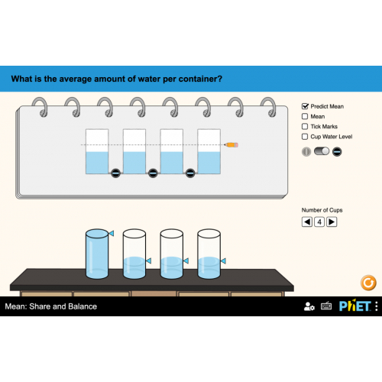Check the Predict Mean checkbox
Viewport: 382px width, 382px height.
click(x=305, y=106)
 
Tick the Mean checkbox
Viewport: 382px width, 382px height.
click(x=305, y=116)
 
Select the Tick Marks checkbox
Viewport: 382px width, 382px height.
click(x=305, y=126)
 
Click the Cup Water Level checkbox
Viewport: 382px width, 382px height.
click(x=305, y=137)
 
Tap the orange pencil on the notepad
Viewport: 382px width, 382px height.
click(x=231, y=145)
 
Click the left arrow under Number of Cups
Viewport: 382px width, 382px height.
click(x=307, y=222)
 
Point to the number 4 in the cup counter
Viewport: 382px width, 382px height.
click(x=319, y=222)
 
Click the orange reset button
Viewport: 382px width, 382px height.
click(x=368, y=283)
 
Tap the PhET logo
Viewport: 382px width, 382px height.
click(x=355, y=306)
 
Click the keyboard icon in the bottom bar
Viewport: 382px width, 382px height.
click(x=326, y=306)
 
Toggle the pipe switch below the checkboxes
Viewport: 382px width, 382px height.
click(x=322, y=151)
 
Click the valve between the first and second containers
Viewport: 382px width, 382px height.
click(x=115, y=173)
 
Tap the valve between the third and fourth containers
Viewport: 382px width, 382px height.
click(x=190, y=173)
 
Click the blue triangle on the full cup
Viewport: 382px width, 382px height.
click(x=112, y=233)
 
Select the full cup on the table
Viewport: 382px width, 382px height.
click(x=97, y=254)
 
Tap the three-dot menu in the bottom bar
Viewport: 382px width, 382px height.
click(x=377, y=306)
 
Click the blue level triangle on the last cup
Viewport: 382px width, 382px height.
click(x=223, y=261)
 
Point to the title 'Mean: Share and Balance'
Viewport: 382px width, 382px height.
click(x=51, y=306)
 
